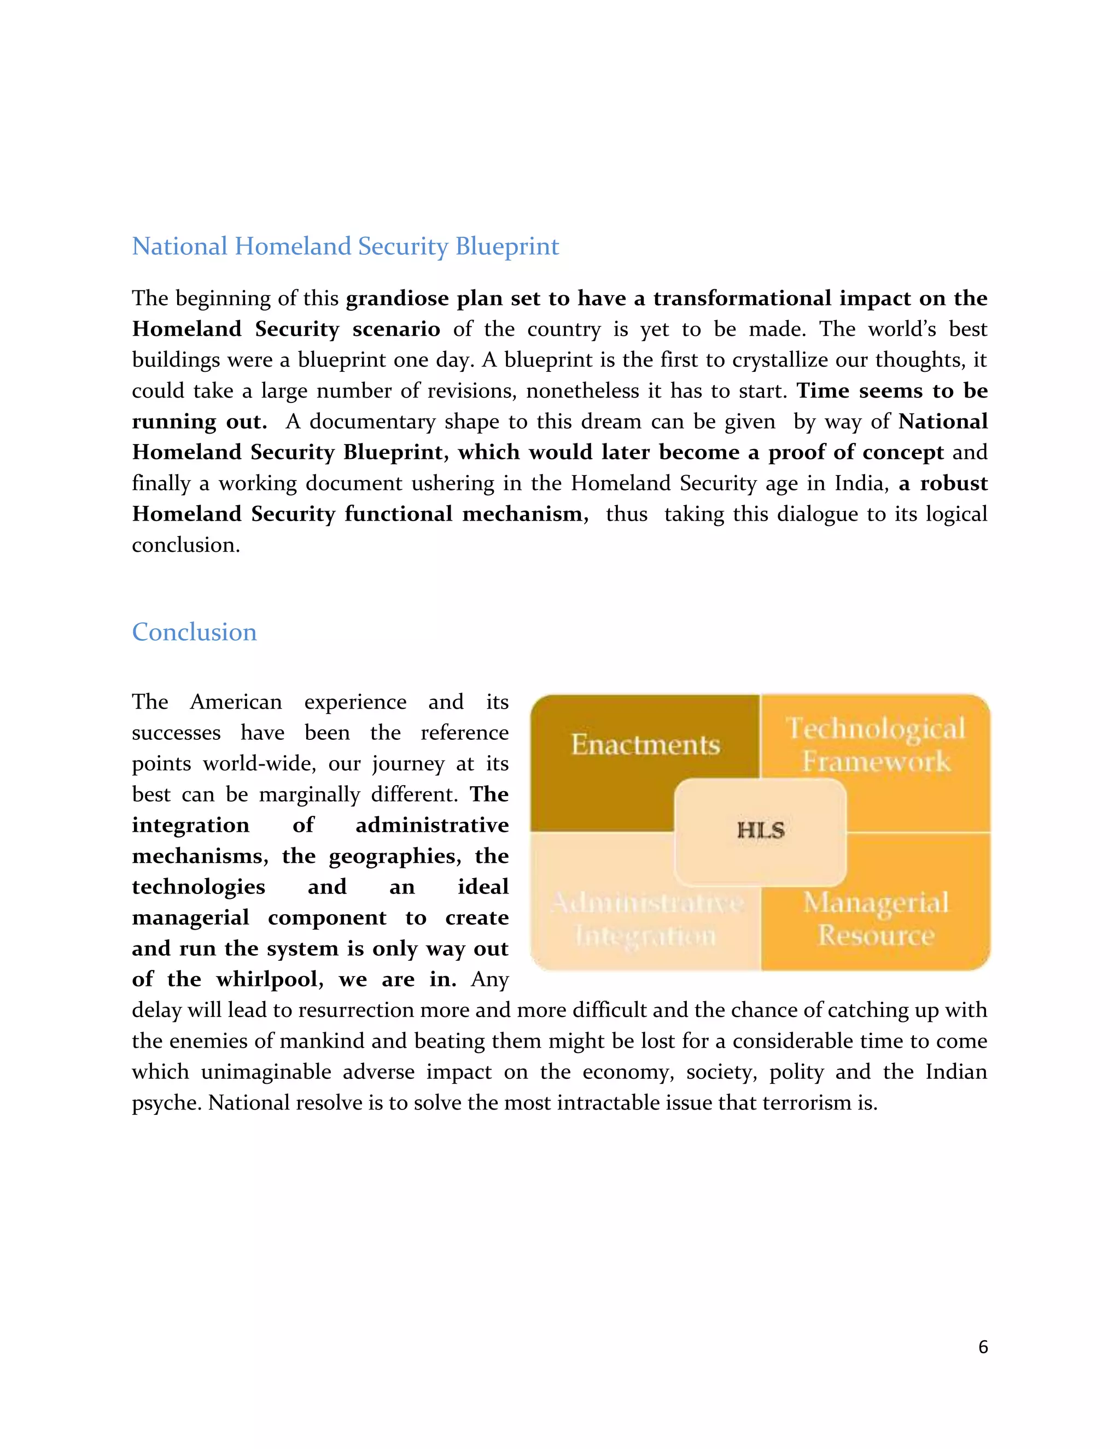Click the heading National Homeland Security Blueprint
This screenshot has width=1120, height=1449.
coord(345,246)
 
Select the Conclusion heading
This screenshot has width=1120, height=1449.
coord(194,632)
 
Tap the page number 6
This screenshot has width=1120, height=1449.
coord(983,1347)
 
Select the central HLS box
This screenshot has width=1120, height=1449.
coord(760,831)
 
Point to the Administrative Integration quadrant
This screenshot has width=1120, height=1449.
coord(646,919)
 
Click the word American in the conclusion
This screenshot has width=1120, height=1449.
coord(236,702)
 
